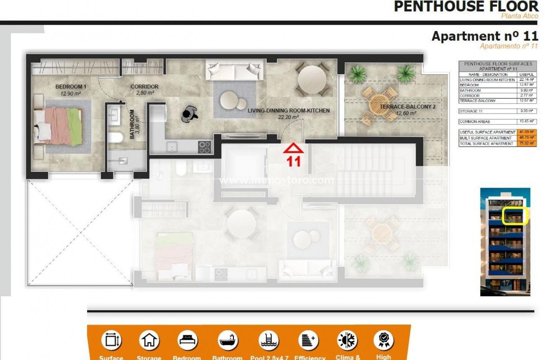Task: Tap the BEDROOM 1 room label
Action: pos(71,87)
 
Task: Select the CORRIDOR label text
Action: pos(144,87)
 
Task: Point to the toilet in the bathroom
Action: pos(115,137)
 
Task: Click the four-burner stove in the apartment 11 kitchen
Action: pos(204,147)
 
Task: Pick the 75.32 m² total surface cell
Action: pos(527,144)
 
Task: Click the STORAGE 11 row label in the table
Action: pos(474,111)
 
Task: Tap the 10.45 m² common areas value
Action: pos(527,122)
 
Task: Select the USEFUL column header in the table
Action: pos(527,75)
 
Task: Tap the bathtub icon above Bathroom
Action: pos(227,340)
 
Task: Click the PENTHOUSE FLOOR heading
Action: pos(466,7)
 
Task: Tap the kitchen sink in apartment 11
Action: pos(172,147)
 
